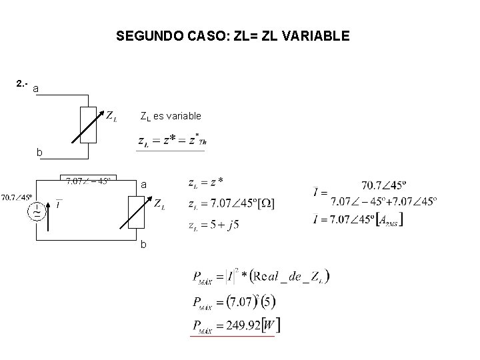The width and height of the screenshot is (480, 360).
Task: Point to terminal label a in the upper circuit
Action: [x=36, y=89]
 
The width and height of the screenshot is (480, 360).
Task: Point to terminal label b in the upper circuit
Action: [x=39, y=153]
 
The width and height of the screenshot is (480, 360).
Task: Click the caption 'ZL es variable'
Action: [x=170, y=116]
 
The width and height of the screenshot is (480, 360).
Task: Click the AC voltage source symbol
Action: [x=34, y=211]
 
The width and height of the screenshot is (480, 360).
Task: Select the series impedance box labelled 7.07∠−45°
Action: [x=89, y=181]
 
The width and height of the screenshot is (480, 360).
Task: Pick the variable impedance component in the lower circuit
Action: [x=137, y=210]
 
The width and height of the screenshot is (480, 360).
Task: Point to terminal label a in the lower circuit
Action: [x=143, y=184]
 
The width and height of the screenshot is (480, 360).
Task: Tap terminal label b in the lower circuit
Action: [x=143, y=245]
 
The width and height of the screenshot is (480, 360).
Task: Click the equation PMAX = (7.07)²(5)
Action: [x=233, y=301]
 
